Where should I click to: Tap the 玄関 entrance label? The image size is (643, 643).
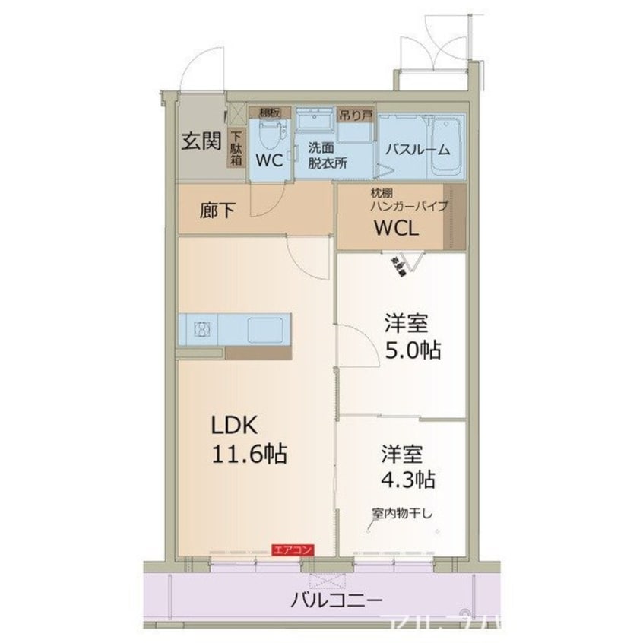(201, 141)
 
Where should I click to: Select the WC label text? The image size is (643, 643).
(270, 160)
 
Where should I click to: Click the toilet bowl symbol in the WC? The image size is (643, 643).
(268, 136)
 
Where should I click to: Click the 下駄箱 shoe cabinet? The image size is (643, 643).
(236, 149)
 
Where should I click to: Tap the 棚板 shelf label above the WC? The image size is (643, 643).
(269, 112)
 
